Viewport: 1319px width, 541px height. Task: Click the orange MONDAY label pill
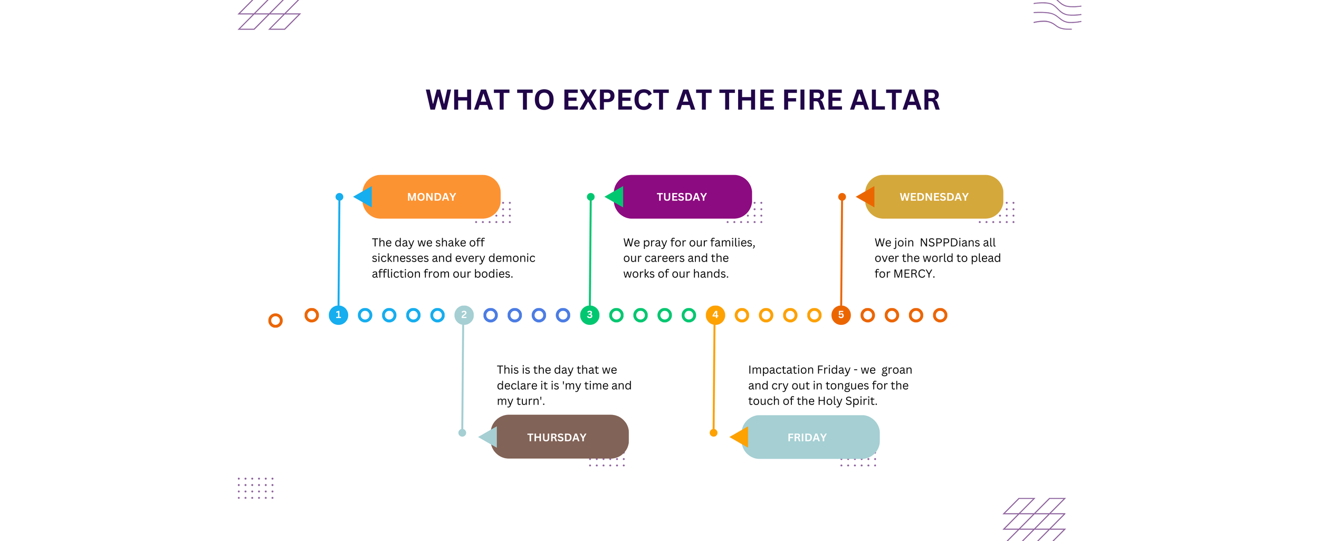[x=431, y=197]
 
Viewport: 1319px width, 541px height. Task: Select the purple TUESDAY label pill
[x=682, y=197]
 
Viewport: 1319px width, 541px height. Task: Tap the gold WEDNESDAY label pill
[x=934, y=197]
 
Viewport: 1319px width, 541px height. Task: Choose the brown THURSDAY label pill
[x=559, y=437]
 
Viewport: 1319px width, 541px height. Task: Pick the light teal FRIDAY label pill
[x=810, y=437]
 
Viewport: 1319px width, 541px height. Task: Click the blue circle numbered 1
[x=338, y=315]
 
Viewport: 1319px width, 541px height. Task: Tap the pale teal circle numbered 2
[x=464, y=315]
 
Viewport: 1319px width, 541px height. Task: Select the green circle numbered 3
[x=589, y=315]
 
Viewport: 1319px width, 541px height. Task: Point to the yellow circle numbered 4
[x=715, y=315]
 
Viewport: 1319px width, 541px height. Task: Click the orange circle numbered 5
[x=841, y=315]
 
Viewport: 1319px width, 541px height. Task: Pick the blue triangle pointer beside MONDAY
[x=364, y=197]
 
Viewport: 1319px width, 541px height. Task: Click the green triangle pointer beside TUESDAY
[x=615, y=197]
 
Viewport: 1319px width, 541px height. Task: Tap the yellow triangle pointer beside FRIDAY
[x=740, y=437]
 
